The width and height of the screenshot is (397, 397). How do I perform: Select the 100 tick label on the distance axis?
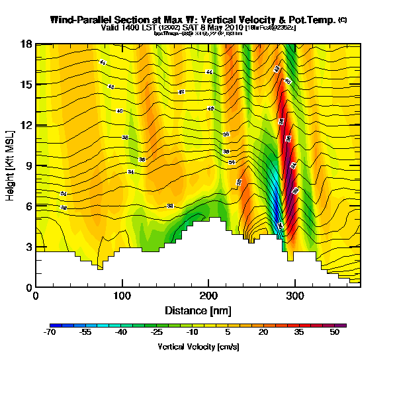point(122,296)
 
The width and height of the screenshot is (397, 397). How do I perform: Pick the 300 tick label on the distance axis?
point(294,296)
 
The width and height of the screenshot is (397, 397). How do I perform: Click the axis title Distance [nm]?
point(198,310)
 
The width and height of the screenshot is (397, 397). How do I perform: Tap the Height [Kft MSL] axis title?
point(11,165)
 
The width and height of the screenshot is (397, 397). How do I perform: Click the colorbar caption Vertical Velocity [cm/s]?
point(198,347)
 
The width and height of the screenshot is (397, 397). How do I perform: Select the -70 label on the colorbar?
point(50,333)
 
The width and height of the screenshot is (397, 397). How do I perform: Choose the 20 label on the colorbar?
point(263,333)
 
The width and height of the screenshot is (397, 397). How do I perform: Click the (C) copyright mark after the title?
point(342,20)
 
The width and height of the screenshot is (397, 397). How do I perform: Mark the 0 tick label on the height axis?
point(30,287)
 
